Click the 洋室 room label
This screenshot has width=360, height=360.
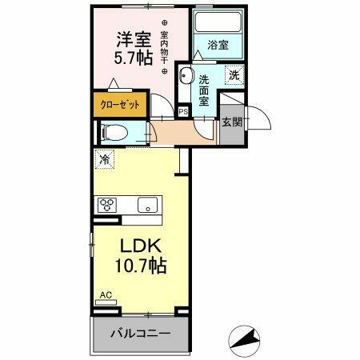[135, 39]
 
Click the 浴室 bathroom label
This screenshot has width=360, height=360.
[218, 46]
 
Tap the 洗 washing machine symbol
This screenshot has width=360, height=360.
[234, 75]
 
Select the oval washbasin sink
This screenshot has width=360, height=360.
[186, 77]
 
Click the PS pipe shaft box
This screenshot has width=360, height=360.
[184, 111]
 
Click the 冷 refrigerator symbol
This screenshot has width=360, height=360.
[104, 158]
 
